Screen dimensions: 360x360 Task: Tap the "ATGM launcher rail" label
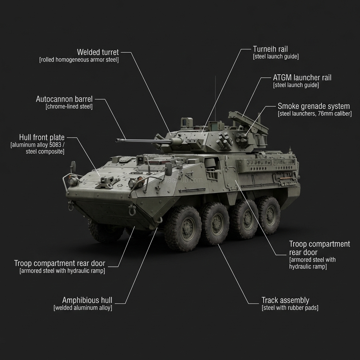[302, 78]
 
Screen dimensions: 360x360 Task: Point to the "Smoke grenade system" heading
[314, 106]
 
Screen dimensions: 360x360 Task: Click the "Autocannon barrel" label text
[64, 99]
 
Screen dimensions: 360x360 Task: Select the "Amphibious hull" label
[87, 300]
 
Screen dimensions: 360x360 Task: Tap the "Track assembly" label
[285, 300]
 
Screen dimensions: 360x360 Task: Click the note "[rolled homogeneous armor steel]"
[79, 60]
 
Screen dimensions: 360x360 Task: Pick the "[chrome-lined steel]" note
[69, 107]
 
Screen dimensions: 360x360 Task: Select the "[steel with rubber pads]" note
[290, 308]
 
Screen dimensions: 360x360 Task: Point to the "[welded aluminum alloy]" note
[83, 308]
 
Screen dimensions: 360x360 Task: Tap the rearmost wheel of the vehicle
[269, 215]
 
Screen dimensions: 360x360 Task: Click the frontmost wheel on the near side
[182, 228]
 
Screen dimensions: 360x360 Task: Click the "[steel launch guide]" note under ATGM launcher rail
[296, 85]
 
